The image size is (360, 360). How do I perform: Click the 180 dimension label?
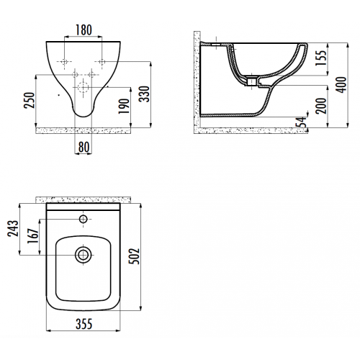pos(84,30)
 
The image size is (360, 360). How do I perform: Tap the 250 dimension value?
pos(30,100)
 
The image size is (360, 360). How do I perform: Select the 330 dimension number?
pos(145,94)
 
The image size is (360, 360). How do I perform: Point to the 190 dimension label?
pos(124,106)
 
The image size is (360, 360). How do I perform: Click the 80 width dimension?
pos(84,147)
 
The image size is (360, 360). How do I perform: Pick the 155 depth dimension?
pos(321,58)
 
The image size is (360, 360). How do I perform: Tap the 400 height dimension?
pos(341,85)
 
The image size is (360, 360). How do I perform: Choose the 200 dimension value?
pos(321,106)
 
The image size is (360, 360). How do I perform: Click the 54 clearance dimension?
pos(302,122)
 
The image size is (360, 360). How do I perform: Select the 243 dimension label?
pos(13,228)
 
